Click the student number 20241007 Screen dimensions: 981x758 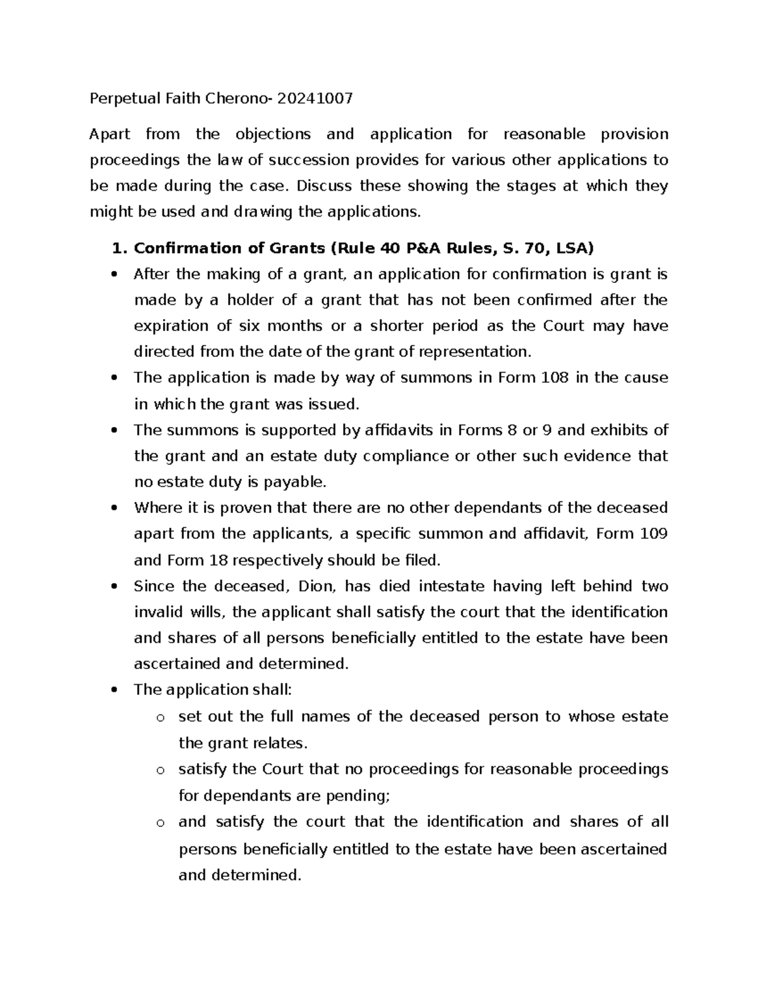(313, 99)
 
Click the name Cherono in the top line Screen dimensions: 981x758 (238, 99)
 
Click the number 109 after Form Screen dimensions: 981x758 (654, 534)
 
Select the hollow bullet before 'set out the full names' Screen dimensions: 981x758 (160, 718)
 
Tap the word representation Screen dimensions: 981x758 (479, 352)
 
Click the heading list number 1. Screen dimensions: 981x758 (117, 248)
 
